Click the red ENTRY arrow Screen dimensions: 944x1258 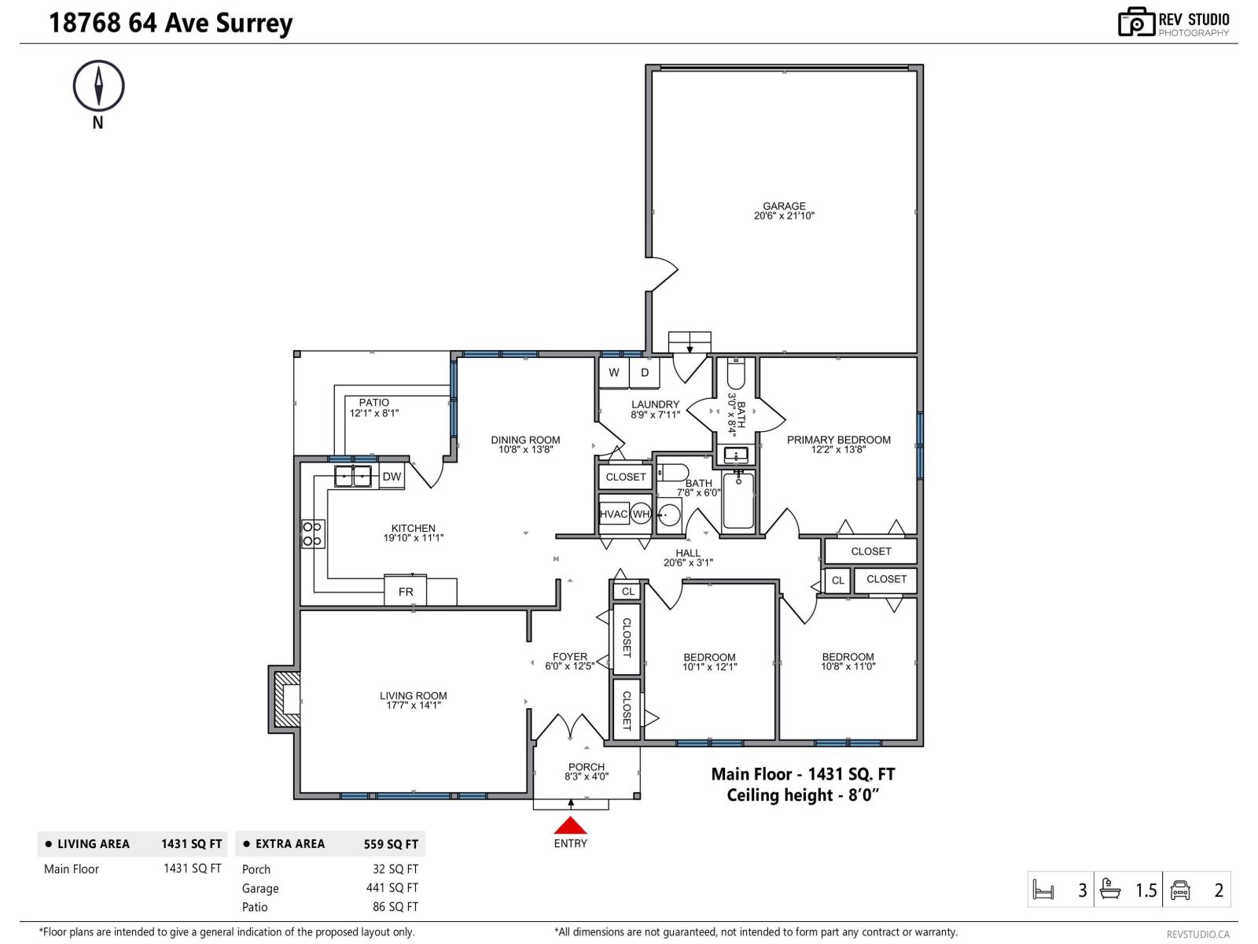570,825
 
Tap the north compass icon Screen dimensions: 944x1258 98,86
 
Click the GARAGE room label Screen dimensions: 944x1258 784,207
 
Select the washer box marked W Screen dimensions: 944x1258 613,373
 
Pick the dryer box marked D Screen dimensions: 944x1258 644,373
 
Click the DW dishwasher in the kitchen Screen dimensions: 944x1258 392,477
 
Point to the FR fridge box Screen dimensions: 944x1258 406,592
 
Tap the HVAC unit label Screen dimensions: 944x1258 613,514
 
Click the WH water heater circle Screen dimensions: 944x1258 641,514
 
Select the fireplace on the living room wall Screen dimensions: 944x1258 287,699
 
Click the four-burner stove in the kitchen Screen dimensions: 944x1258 312,534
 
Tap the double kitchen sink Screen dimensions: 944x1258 353,476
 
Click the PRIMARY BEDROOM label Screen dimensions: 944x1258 838,440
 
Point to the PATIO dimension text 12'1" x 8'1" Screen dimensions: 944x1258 374,413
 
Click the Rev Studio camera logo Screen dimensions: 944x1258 1136,22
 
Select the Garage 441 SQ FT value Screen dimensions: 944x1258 392,888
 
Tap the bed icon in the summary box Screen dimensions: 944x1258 1043,891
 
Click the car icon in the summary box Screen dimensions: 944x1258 1180,891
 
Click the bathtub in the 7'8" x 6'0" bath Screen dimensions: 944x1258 738,500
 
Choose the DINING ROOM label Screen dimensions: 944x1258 525,441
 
